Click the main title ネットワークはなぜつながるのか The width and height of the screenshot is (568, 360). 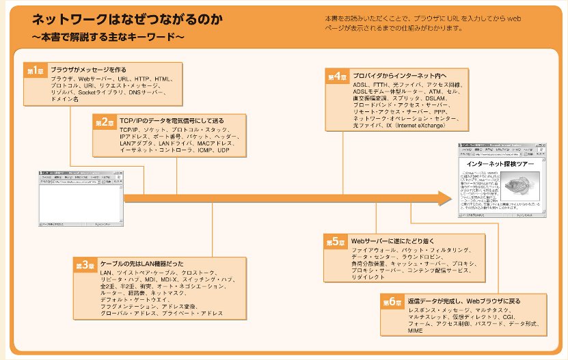(126, 19)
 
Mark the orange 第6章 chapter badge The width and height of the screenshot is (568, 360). (392, 302)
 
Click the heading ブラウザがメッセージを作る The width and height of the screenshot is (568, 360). (88, 70)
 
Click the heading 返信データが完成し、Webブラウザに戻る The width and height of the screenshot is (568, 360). (464, 301)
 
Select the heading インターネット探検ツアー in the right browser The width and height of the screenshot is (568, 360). (500, 165)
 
